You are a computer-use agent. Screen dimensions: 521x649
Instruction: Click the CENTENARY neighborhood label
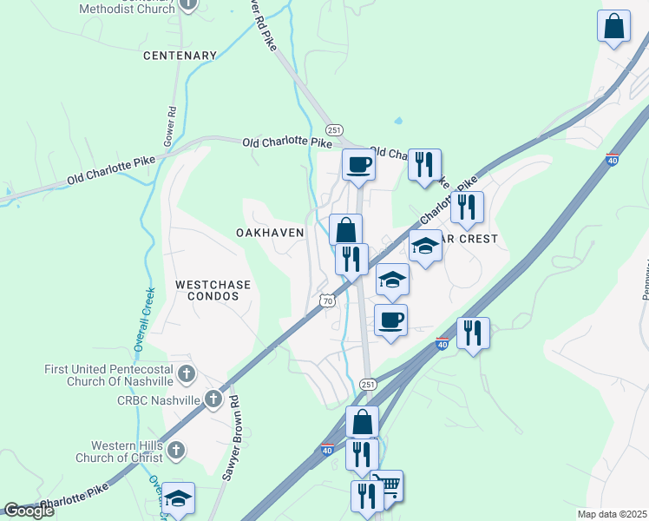[180, 56]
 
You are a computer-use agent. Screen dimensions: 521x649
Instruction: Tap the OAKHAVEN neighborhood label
[270, 233]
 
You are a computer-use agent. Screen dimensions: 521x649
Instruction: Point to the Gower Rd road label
[170, 126]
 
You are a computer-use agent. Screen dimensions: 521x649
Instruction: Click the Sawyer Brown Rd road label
[234, 422]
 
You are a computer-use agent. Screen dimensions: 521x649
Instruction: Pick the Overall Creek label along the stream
[144, 319]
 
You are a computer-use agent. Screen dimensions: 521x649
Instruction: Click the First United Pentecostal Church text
[109, 375]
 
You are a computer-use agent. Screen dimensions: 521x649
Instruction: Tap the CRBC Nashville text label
[158, 400]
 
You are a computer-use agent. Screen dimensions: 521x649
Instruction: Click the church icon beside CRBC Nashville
[213, 400]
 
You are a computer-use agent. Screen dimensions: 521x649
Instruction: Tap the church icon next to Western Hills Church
[176, 450]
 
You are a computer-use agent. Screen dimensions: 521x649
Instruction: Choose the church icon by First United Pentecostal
[185, 374]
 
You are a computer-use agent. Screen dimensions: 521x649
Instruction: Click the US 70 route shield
[325, 300]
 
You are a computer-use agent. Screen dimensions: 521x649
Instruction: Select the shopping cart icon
[387, 485]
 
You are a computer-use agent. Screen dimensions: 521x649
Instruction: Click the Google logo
[29, 511]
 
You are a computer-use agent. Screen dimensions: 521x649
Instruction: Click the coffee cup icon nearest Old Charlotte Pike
[357, 164]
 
